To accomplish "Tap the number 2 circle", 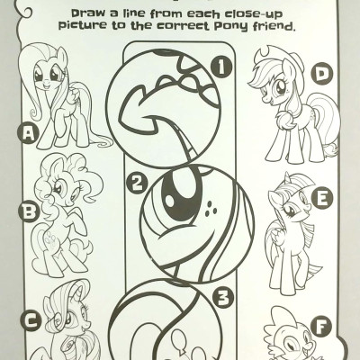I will point(136,185).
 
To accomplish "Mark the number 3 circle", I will point(226,292).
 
